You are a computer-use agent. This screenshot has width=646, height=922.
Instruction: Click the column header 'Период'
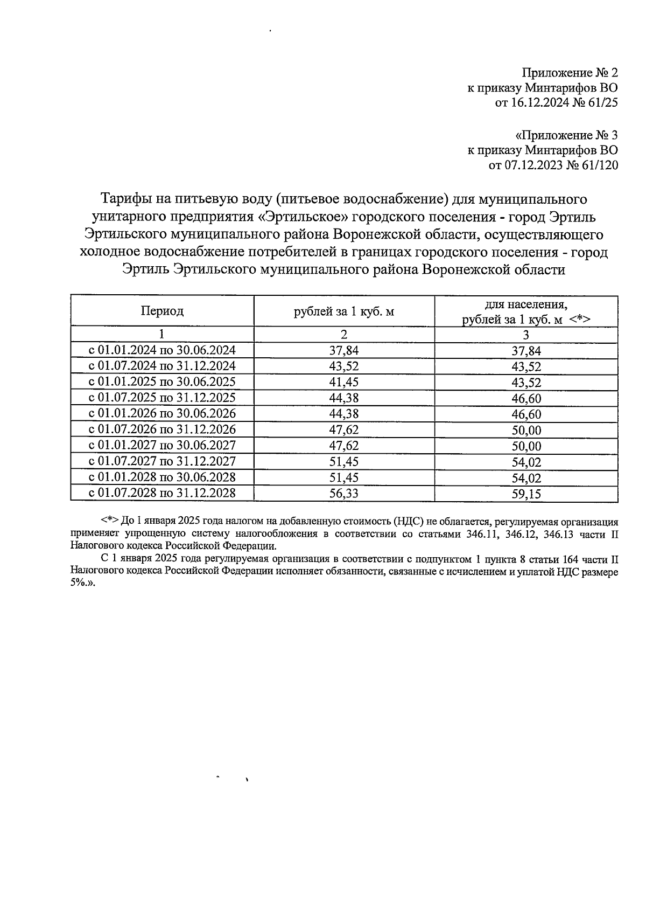tap(162, 311)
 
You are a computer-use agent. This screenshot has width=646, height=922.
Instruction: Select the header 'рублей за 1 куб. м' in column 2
tap(343, 311)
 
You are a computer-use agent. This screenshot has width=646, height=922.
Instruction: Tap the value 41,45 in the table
tap(343, 383)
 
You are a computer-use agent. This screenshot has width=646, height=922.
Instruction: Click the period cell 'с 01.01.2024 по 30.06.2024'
tap(162, 351)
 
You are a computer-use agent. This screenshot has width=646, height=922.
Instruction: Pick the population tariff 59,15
tap(526, 494)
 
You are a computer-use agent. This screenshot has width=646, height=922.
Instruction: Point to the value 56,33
tap(343, 494)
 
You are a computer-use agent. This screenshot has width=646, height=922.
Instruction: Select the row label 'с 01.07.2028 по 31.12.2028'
tap(162, 493)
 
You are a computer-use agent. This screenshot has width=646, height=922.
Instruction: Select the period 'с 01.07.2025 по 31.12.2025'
tap(162, 398)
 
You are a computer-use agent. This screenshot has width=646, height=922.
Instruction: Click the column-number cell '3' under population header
tap(526, 335)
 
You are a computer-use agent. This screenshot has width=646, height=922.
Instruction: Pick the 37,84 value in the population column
tap(526, 351)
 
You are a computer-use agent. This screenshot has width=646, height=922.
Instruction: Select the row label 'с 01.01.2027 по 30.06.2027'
tap(162, 446)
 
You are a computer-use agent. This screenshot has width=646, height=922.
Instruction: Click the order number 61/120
tap(599, 165)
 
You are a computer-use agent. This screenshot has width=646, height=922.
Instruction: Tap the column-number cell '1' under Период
tap(162, 334)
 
